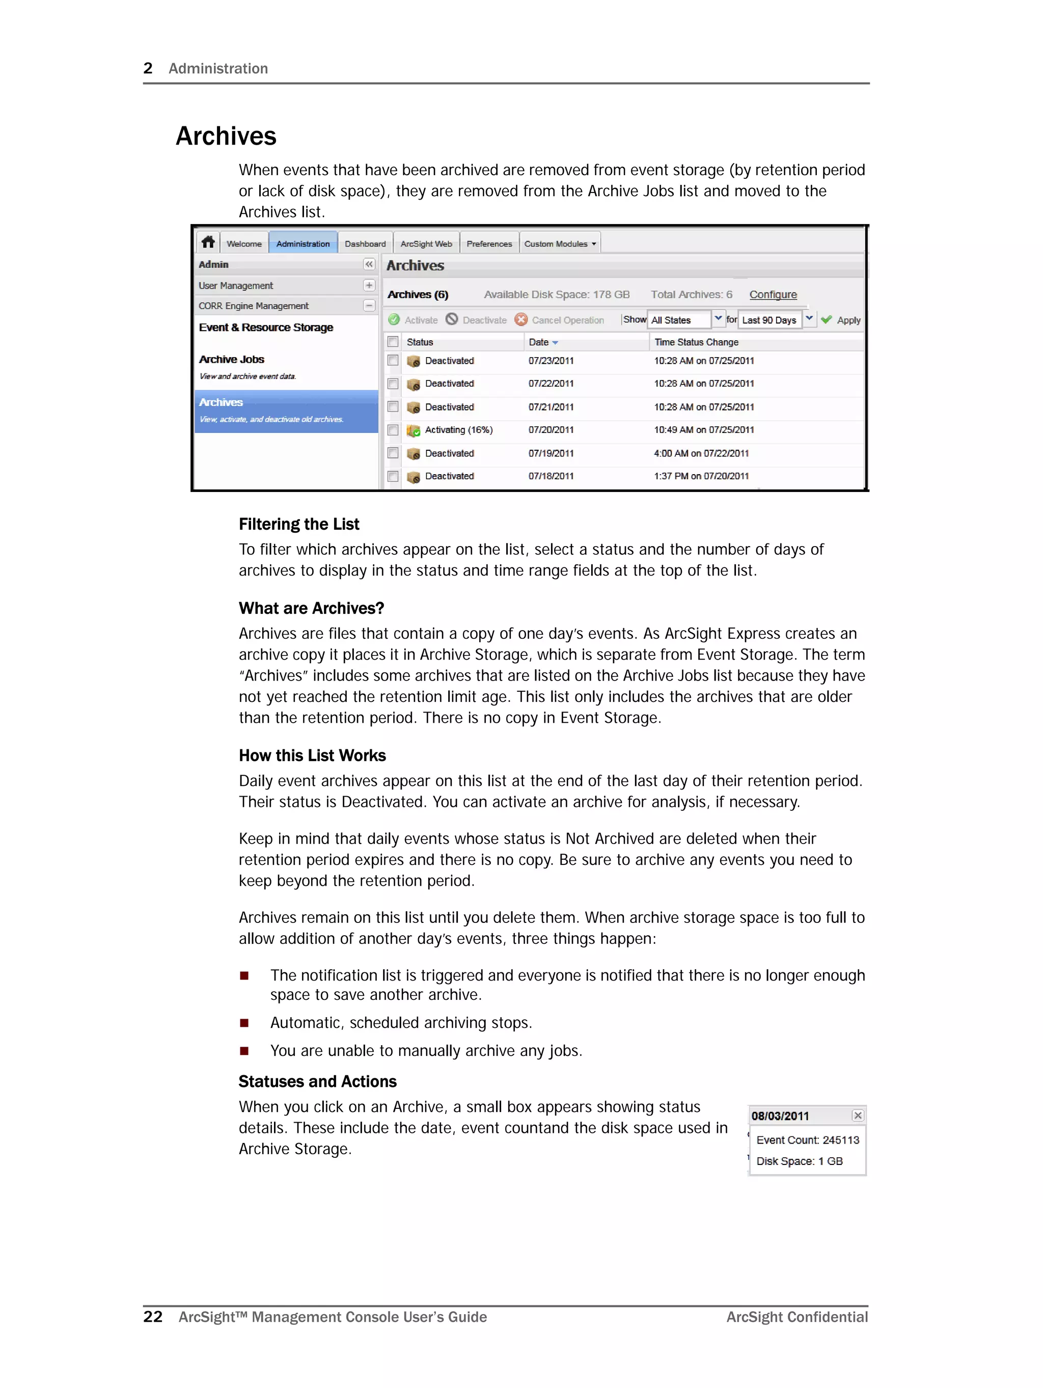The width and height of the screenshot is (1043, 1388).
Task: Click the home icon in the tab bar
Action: [x=208, y=242]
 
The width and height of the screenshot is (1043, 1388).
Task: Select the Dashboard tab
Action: [x=365, y=243]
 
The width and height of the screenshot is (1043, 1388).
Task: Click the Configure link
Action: [x=773, y=294]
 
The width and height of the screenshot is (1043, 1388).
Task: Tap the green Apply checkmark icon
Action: [x=827, y=319]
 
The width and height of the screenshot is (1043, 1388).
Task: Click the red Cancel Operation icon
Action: [x=521, y=319]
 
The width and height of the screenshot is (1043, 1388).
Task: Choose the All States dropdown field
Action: [x=687, y=319]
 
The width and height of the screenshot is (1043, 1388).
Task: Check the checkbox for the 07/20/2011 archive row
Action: [x=393, y=430]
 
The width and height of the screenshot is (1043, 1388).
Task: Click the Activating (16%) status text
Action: [x=458, y=430]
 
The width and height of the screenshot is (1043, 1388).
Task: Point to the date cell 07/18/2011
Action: [x=551, y=476]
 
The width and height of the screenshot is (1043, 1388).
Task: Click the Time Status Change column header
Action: [x=696, y=342]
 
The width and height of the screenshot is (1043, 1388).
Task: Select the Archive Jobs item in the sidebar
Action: [x=232, y=360]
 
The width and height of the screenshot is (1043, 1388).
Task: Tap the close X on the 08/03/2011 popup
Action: [x=857, y=1115]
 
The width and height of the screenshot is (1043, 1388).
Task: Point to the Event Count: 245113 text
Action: [x=807, y=1139]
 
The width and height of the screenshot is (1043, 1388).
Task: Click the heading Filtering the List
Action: [x=299, y=524]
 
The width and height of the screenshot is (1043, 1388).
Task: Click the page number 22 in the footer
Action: [x=152, y=1317]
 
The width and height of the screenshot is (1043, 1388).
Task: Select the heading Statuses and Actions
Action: [x=318, y=1081]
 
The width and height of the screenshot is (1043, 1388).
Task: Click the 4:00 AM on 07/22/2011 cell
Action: [x=700, y=453]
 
